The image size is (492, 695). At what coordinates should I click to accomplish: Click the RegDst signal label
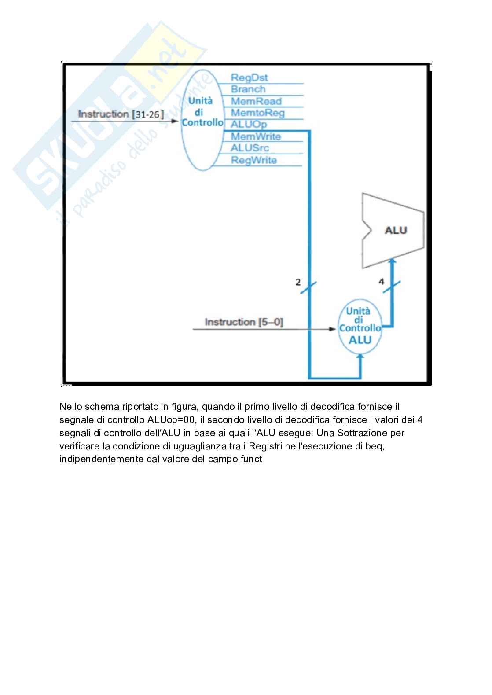[249, 78]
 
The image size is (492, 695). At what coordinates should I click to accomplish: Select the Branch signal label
[248, 89]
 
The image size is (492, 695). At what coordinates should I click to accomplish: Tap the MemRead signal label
[256, 101]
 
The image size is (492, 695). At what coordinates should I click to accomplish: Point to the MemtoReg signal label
[257, 113]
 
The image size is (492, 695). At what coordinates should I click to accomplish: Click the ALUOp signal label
[249, 125]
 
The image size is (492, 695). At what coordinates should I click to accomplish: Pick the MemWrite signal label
[256, 136]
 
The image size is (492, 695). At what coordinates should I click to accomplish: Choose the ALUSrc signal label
[250, 148]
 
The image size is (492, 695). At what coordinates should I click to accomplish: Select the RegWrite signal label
[254, 160]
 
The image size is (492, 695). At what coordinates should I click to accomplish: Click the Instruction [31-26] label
[121, 114]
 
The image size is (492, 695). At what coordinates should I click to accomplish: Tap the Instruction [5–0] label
[244, 322]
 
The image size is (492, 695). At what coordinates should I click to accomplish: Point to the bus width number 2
[298, 282]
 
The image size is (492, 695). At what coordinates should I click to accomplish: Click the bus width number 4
[381, 281]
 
